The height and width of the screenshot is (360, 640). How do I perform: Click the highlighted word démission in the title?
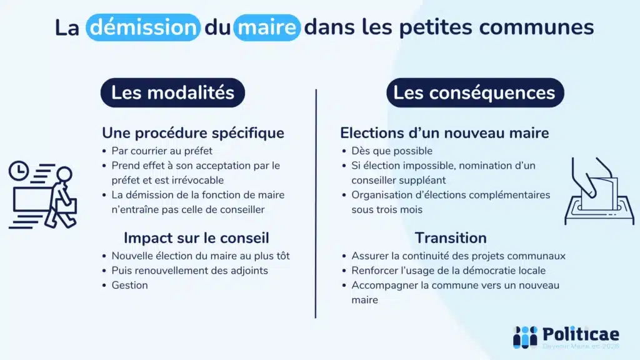click(x=143, y=27)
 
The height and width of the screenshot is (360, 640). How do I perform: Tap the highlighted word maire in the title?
click(x=267, y=27)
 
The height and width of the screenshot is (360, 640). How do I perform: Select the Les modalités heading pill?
click(x=172, y=93)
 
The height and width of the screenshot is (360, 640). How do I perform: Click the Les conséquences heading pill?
click(x=474, y=93)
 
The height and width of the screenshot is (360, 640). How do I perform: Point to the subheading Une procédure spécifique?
click(x=193, y=133)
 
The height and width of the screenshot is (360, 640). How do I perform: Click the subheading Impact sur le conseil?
click(x=196, y=238)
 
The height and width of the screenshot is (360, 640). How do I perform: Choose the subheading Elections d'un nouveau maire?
click(x=444, y=133)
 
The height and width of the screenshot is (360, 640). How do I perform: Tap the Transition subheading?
click(x=451, y=238)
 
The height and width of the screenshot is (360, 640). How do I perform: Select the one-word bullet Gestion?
click(x=130, y=285)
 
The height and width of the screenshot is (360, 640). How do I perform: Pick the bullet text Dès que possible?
click(x=392, y=151)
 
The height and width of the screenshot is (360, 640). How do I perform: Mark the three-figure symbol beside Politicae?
click(x=525, y=337)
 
